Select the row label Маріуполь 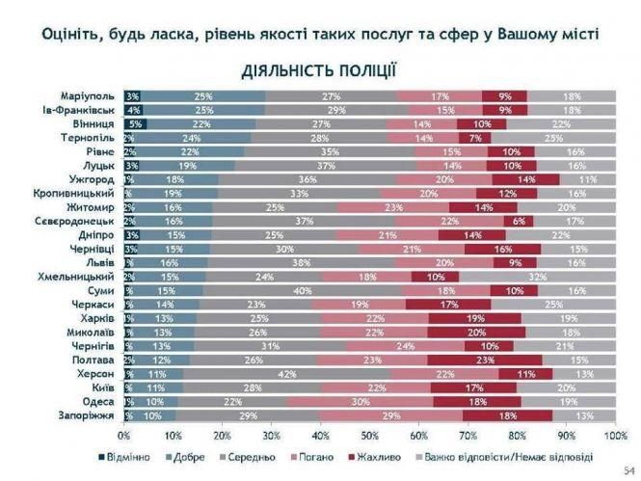pos(88,96)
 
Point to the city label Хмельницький pos(79,276)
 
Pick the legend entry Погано pos(319,456)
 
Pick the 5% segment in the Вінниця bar pos(135,124)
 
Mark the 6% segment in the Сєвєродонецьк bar pos(517,221)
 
